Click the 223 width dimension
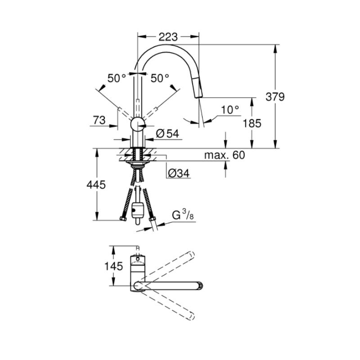(x=168, y=37)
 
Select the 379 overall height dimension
(x=275, y=97)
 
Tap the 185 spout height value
(x=252, y=123)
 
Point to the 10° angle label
(x=230, y=110)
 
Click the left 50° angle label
(x=117, y=78)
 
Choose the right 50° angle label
(x=160, y=78)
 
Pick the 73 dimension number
(x=99, y=120)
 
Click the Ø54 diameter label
(x=167, y=133)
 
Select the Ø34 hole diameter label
(x=179, y=173)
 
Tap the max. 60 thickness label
(x=225, y=155)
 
